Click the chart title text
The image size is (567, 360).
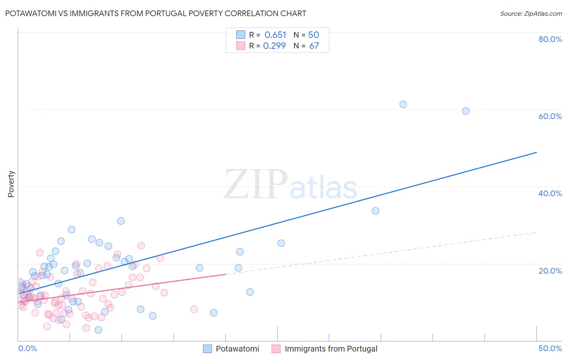click(x=156, y=13)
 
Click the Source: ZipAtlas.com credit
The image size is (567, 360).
click(x=531, y=13)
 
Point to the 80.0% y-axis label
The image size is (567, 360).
click(x=550, y=39)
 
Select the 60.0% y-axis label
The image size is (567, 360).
click(x=550, y=116)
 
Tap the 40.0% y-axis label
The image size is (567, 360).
click(x=550, y=193)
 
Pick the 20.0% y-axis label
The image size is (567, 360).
click(x=550, y=270)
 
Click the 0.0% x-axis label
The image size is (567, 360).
click(x=27, y=348)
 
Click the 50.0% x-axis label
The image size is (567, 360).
click(x=550, y=348)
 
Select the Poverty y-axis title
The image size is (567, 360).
click(x=11, y=184)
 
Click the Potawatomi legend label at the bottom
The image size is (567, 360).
click(x=237, y=349)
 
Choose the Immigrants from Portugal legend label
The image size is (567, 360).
click(x=331, y=349)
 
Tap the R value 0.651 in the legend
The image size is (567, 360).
click(x=275, y=35)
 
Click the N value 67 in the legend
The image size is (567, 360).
click(x=314, y=46)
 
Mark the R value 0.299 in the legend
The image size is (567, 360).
click(x=274, y=46)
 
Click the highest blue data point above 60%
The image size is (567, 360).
click(x=403, y=105)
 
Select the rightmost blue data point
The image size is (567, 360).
click(x=465, y=111)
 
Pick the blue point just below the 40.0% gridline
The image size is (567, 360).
click(x=375, y=211)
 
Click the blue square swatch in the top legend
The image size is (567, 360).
click(x=241, y=35)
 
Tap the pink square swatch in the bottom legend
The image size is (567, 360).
click(x=276, y=349)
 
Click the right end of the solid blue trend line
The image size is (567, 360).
click(x=536, y=152)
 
